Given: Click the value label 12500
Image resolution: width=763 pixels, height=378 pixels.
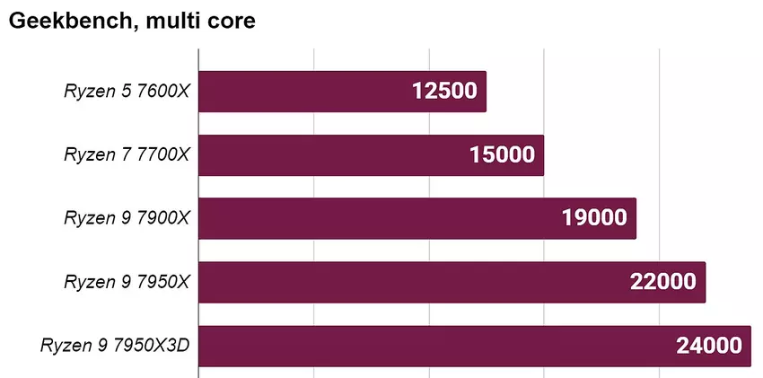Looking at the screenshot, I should click(x=444, y=92).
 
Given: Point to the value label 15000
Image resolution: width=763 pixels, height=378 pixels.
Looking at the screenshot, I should click(x=502, y=155).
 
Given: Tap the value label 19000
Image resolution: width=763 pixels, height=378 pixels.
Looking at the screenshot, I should click(x=594, y=218).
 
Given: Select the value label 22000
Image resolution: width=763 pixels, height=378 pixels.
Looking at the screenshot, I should click(x=663, y=282).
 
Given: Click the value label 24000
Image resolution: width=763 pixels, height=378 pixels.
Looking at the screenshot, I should click(x=709, y=346).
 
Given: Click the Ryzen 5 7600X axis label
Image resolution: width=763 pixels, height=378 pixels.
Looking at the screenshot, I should click(x=127, y=92).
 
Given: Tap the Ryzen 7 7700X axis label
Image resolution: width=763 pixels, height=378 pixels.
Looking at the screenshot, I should click(x=127, y=155).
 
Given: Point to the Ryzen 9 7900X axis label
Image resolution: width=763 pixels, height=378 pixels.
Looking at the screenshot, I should click(x=127, y=218).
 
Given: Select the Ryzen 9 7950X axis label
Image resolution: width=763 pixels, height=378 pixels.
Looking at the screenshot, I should click(x=127, y=282).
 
